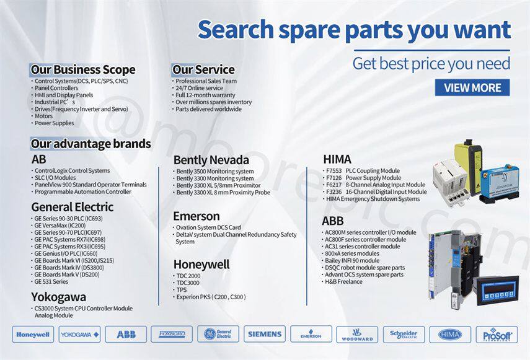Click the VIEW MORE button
pyautogui.click(x=472, y=88)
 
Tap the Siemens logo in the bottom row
pyautogui.click(x=265, y=335)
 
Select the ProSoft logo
pyautogui.click(x=497, y=335)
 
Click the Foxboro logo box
pyautogui.click(x=172, y=335)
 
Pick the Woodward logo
pyautogui.click(x=357, y=335)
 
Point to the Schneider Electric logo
pyautogui.click(x=404, y=335)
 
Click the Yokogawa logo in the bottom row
pyautogui.click(x=79, y=335)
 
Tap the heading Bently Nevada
pyautogui.click(x=211, y=160)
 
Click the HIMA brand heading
pyautogui.click(x=337, y=159)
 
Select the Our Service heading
pyautogui.click(x=203, y=69)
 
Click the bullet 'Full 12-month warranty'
pyautogui.click(x=205, y=95)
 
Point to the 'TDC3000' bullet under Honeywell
pyautogui.click(x=188, y=283)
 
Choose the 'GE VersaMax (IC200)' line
pyautogui.click(x=60, y=226)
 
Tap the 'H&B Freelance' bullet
pyautogui.click(x=343, y=282)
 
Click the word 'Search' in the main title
pyautogui.click(x=236, y=30)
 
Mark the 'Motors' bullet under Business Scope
pyautogui.click(x=43, y=116)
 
